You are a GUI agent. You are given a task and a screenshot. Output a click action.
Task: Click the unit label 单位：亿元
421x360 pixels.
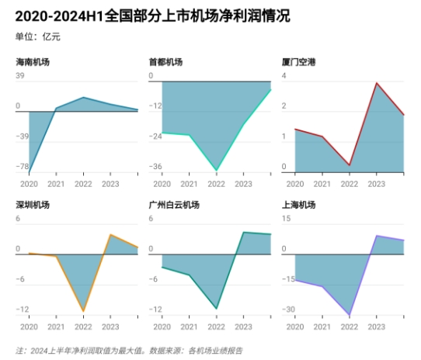[x=38, y=36]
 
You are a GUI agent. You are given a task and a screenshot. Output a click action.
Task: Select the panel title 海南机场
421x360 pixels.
[x=33, y=61]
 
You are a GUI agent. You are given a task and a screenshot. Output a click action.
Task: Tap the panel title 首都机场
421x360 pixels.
[x=166, y=61]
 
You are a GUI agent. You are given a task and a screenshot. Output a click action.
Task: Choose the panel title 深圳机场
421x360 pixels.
[x=33, y=205]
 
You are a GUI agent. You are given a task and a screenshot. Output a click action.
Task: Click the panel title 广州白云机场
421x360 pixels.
[x=175, y=205]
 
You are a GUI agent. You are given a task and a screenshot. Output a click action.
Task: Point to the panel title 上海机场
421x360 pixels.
[x=300, y=205]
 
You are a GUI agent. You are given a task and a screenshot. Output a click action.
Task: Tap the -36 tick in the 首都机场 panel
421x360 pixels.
[x=155, y=166]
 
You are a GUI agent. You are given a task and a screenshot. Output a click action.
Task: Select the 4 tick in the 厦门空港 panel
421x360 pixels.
[x=284, y=76]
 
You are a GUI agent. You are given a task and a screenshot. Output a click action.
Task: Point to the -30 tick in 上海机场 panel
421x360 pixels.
[x=289, y=309]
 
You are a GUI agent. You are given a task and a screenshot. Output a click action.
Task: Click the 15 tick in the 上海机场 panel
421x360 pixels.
[x=287, y=219]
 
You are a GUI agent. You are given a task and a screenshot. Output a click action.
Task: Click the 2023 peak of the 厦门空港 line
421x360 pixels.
[x=377, y=83]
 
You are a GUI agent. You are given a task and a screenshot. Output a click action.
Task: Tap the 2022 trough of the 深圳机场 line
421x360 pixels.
[x=83, y=311]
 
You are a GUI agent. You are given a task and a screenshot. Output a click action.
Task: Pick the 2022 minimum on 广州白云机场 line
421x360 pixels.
[x=217, y=309]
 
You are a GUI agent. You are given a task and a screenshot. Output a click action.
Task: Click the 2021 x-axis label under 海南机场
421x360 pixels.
[x=56, y=184]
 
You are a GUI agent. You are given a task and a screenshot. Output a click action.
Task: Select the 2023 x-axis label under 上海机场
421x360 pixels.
[x=377, y=327]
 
